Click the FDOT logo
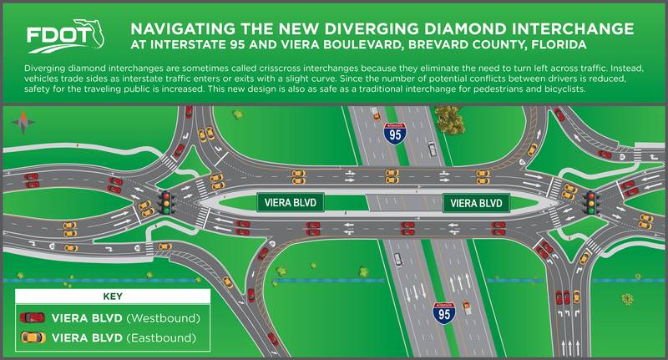click(65, 36)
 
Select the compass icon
click(23, 122)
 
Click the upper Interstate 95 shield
click(395, 134)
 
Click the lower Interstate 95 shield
click(444, 313)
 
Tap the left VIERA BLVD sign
click(290, 202)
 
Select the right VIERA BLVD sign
click(476, 203)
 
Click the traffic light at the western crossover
click(166, 202)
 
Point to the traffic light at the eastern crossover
click(591, 202)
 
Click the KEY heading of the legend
click(113, 297)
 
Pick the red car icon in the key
click(33, 317)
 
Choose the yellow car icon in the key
click(33, 337)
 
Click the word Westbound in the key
click(164, 318)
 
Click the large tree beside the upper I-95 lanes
click(450, 119)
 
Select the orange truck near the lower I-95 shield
click(467, 307)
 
